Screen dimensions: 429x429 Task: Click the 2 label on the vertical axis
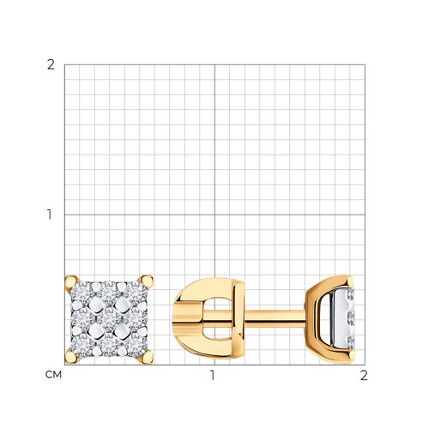pos(51,65)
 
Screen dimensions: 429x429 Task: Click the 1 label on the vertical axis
pos(50,214)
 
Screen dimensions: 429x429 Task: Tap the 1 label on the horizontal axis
pos(212,375)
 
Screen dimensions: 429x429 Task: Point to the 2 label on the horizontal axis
pos(364,375)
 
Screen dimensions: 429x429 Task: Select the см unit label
pos(53,374)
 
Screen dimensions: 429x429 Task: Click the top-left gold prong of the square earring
pos(71,283)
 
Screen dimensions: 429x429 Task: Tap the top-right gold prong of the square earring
pos(146,282)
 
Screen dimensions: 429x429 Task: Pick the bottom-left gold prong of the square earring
pos(71,356)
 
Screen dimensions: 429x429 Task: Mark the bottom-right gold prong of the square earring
pos(146,357)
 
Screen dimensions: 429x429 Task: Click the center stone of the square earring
pos(109,319)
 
